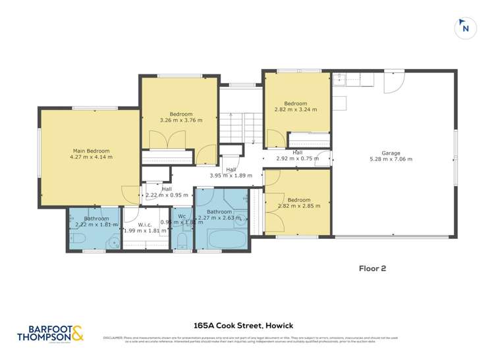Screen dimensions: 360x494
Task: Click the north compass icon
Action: pos(466,28)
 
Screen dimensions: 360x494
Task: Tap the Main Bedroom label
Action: pos(91,151)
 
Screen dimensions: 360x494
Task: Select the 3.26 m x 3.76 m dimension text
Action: pos(180,120)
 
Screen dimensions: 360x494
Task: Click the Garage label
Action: pos(391,153)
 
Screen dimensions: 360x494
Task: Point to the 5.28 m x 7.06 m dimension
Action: pos(391,160)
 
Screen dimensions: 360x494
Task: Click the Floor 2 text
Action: pos(372,268)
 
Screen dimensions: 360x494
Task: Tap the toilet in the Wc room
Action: pos(182,244)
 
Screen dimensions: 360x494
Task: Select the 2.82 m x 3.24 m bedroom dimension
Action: pos(296,110)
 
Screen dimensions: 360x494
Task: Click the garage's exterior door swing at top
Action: pos(393,80)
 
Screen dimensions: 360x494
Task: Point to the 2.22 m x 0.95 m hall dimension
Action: pos(161,195)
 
